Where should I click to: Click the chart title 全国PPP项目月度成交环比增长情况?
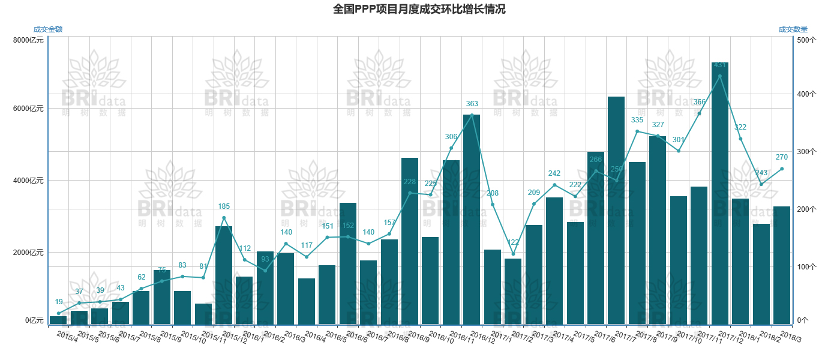[419, 9]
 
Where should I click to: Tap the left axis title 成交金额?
[48, 29]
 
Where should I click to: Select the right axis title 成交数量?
[793, 29]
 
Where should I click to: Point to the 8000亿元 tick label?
[28, 40]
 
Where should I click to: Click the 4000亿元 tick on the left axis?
[28, 181]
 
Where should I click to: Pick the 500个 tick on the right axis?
[804, 40]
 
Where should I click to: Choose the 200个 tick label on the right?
[804, 209]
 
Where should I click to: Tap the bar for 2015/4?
[58, 320]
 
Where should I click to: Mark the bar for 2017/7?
[616, 210]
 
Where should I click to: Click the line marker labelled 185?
[224, 218]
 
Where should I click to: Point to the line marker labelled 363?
[472, 115]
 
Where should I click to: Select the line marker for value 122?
[513, 254]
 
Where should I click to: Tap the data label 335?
[637, 121]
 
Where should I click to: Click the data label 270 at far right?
[782, 157]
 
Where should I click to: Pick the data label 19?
[59, 302]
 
